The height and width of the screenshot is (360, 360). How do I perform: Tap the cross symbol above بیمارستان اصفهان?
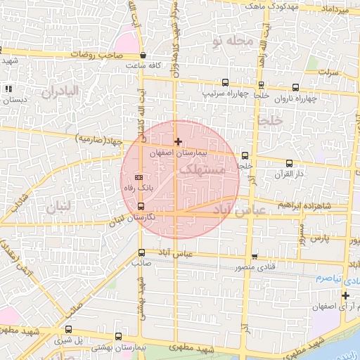[x=178, y=142]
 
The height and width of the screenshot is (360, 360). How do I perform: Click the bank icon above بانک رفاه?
[x=139, y=177]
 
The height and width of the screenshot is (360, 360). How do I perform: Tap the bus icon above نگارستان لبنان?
[x=142, y=207]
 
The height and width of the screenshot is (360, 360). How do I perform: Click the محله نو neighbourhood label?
[x=231, y=41]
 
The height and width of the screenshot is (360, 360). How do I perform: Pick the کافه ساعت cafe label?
[x=144, y=65]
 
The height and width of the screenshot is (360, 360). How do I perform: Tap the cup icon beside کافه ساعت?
[x=143, y=55]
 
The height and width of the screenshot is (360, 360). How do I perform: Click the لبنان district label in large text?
[x=58, y=207]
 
